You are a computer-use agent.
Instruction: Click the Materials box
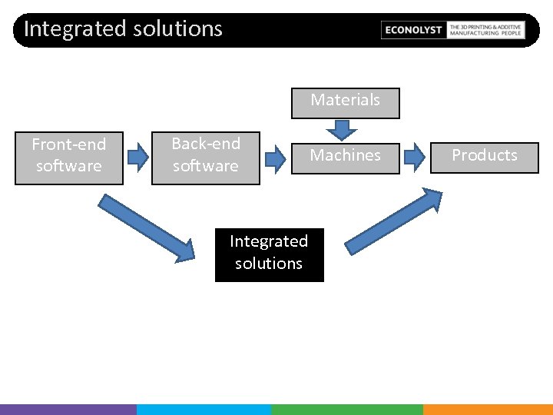coord(346,103)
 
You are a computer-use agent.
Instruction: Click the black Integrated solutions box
coord(269,254)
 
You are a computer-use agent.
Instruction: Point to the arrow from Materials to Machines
coord(336,130)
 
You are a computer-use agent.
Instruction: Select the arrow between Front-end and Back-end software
coord(137,158)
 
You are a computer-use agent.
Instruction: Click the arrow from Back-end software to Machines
coord(275,158)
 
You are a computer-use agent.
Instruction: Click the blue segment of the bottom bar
coord(204,409)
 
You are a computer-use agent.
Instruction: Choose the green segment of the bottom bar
coord(346,409)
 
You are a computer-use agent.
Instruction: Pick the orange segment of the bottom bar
coord(488,409)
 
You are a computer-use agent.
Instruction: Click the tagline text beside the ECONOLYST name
coord(485,30)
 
